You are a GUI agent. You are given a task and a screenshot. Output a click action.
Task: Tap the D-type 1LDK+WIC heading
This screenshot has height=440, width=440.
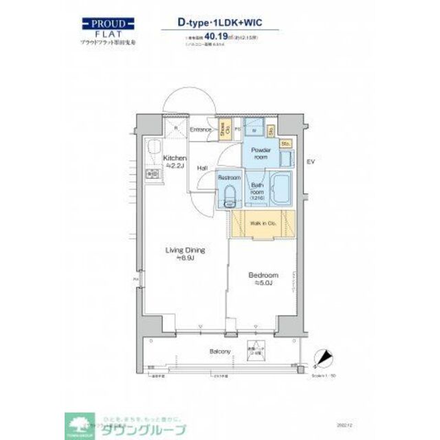click(220, 22)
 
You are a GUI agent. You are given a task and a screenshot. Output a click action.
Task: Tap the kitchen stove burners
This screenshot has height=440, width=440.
click(153, 175)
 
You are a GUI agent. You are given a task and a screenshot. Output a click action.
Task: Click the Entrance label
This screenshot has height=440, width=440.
click(201, 129)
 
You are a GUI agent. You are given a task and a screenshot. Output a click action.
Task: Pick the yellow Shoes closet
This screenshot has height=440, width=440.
click(224, 129)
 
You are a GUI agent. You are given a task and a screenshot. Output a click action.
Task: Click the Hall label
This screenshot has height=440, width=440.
click(203, 167)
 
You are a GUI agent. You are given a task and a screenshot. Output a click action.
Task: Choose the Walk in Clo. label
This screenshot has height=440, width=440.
click(263, 223)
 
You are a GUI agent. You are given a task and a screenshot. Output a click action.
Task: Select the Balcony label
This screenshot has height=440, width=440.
click(219, 352)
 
